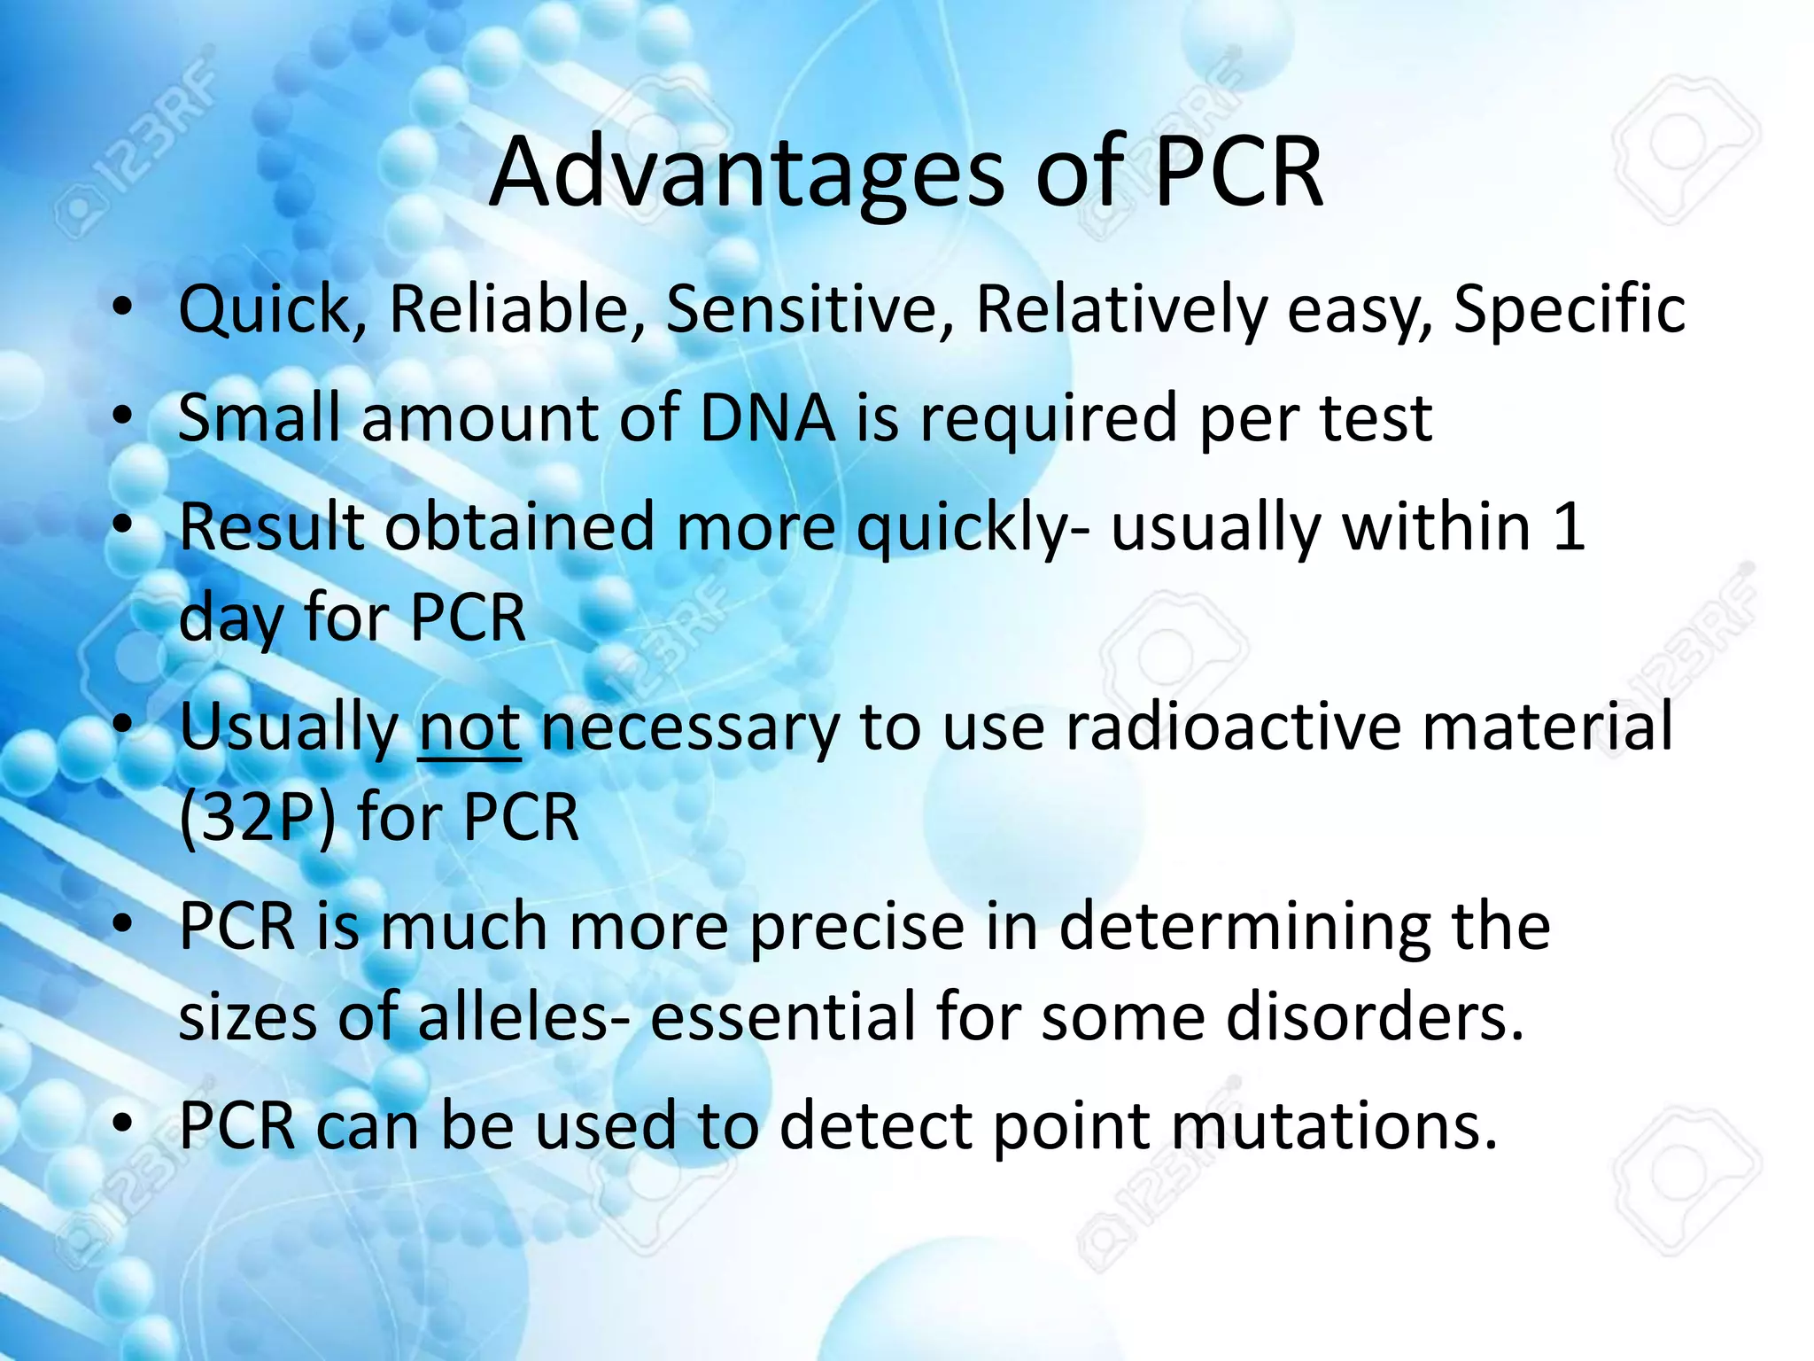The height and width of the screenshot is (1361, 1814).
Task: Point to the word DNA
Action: [767, 417]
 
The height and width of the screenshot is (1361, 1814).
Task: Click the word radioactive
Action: [1232, 726]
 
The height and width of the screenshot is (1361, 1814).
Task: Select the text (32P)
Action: [257, 817]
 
